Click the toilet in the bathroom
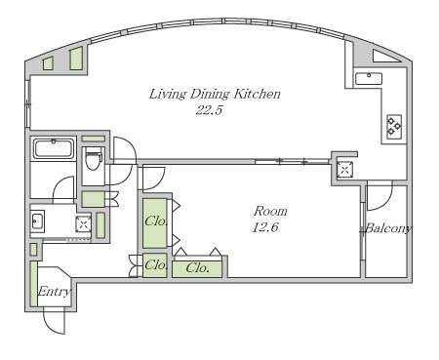coord(93,160)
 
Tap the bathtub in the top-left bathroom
coord(54,149)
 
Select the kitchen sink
coord(369,79)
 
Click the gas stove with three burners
coord(394,127)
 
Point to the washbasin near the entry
coord(38,221)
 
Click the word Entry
coord(54,291)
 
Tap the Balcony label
coord(387,228)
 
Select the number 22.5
coord(209,110)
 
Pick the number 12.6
coord(265,227)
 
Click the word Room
coord(270,211)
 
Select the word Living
coord(168,94)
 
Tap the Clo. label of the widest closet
coord(197,268)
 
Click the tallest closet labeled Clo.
coord(155,223)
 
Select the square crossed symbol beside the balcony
coord(344,169)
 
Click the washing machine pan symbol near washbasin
coord(83,223)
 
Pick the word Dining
coord(210,94)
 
